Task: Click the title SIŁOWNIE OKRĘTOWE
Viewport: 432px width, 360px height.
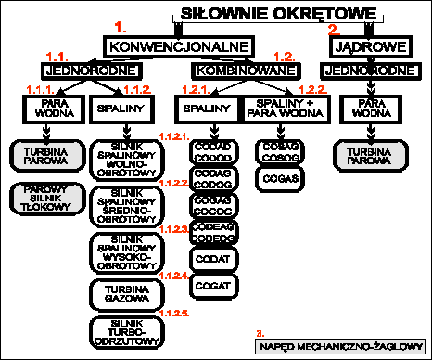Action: [277, 14]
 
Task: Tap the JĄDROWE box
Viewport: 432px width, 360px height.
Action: [357, 45]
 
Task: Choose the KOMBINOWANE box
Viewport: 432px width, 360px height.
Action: [235, 70]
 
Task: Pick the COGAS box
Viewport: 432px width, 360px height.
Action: [279, 175]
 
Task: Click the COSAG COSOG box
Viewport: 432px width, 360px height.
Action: [279, 151]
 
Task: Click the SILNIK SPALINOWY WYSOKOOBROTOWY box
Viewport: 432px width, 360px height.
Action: [125, 252]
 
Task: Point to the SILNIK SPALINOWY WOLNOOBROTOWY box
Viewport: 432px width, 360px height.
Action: [125, 161]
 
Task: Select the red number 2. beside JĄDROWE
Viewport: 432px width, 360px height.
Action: [335, 29]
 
